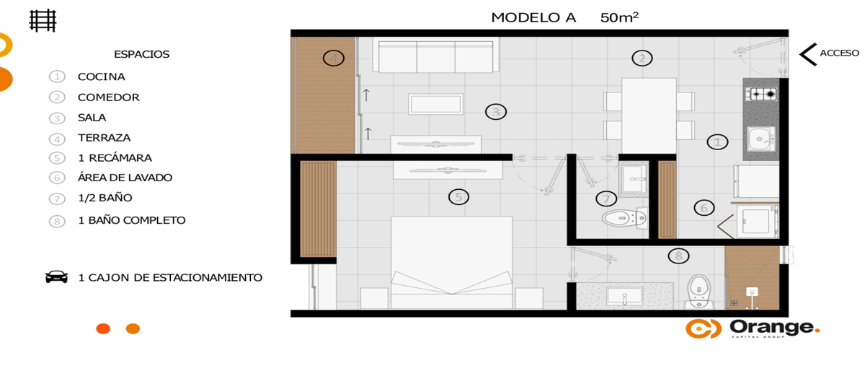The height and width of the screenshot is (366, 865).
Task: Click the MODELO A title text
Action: tap(533, 17)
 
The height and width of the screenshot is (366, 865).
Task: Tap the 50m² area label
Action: tap(619, 17)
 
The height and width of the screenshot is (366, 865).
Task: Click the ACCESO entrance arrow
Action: tap(808, 54)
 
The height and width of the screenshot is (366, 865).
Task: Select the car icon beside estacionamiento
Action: tap(56, 277)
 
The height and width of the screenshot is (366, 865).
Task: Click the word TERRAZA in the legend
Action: tap(104, 138)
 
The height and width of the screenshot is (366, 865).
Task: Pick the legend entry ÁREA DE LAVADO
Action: tap(125, 178)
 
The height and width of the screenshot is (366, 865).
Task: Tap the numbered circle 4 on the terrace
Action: tap(334, 58)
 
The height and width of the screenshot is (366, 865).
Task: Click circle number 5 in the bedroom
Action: tap(458, 197)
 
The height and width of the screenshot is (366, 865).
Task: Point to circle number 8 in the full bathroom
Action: tap(678, 256)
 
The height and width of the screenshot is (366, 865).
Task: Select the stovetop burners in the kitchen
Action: tap(760, 94)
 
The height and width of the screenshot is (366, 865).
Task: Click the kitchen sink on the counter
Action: tap(760, 139)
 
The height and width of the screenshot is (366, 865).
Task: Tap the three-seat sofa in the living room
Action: tap(435, 56)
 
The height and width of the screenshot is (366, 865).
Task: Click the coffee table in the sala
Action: tap(435, 104)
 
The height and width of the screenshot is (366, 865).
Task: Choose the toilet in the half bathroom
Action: tap(625, 218)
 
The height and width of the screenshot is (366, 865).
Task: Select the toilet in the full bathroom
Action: tap(699, 292)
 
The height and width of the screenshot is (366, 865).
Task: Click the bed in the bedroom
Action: tap(451, 263)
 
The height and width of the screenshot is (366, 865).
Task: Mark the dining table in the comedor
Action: tap(649, 116)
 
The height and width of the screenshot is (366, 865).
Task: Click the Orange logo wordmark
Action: tap(775, 328)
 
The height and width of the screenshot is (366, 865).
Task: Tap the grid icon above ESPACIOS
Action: tap(43, 20)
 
